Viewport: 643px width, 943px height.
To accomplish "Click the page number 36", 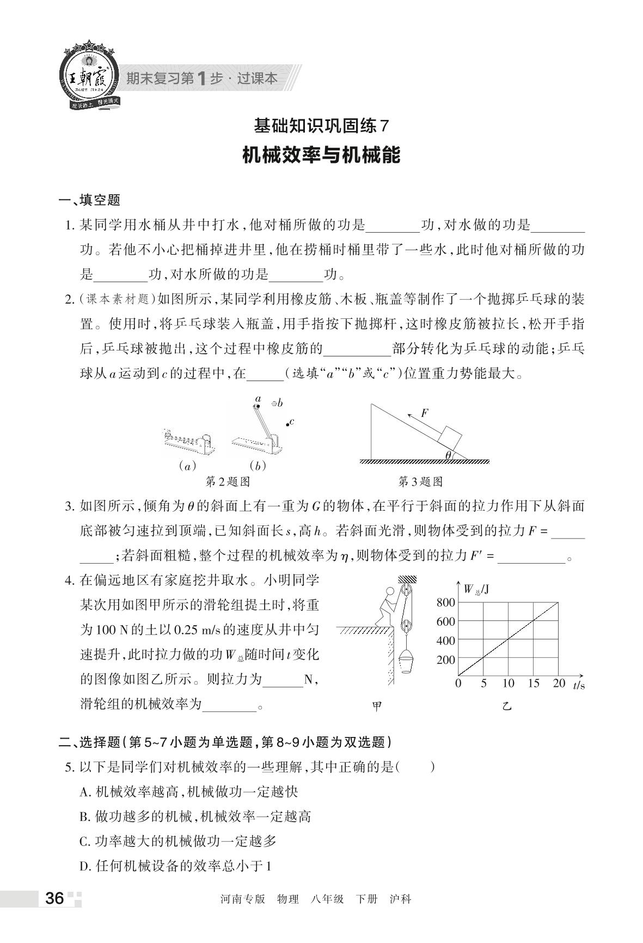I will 54,898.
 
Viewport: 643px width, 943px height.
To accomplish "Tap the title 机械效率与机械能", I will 321,155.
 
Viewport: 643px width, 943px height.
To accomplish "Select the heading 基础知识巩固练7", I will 321,126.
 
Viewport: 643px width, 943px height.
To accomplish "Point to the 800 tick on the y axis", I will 445,602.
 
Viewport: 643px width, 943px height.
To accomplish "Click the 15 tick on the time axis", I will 533,684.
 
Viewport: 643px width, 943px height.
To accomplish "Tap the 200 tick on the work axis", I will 445,660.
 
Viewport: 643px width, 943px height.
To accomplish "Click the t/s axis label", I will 578,685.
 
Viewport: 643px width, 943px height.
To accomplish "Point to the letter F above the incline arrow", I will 425,413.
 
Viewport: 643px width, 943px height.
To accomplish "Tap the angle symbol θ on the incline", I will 448,455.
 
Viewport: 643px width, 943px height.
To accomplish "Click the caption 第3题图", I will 420,481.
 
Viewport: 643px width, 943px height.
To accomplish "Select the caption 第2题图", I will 228,481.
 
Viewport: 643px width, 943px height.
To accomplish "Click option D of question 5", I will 175,866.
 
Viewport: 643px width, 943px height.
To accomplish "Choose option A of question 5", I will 188,791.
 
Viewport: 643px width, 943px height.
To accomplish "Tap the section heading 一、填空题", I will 89,200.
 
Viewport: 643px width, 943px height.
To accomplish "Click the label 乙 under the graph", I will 507,707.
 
